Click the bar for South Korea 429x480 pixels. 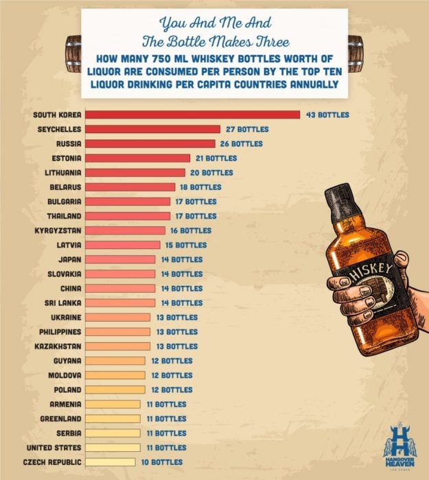(x=193, y=115)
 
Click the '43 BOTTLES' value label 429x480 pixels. (x=327, y=115)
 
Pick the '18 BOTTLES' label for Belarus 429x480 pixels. (x=200, y=187)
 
